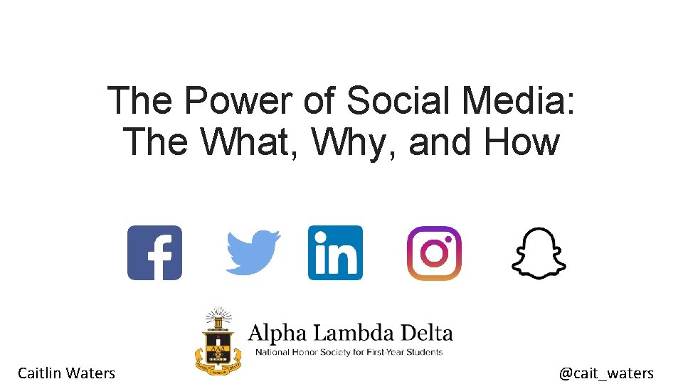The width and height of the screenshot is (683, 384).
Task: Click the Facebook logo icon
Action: pyautogui.click(x=154, y=252)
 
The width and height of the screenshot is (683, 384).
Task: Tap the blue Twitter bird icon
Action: pyautogui.click(x=253, y=252)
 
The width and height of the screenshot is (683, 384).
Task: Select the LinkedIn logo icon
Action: pyautogui.click(x=335, y=252)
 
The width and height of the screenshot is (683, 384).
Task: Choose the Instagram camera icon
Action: pyautogui.click(x=434, y=252)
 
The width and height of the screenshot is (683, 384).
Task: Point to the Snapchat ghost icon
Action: pyautogui.click(x=539, y=252)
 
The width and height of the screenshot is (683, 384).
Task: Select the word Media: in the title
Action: pyautogui.click(x=517, y=101)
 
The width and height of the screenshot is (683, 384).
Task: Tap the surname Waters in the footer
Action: pyautogui.click(x=90, y=373)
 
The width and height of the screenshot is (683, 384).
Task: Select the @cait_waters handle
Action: pyautogui.click(x=606, y=373)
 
